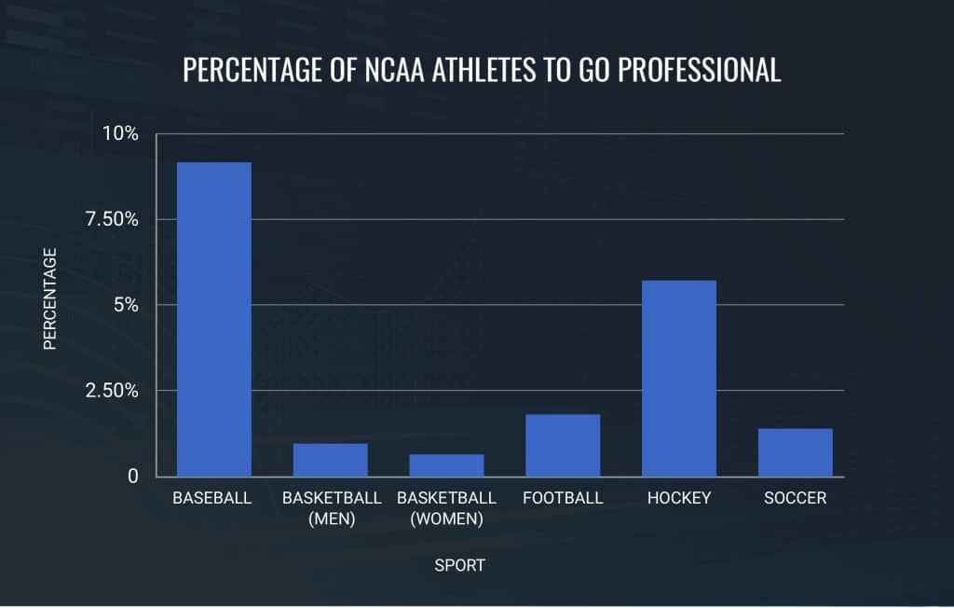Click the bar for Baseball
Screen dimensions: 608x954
pyautogui.click(x=213, y=319)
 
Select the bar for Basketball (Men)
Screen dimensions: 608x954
pyautogui.click(x=330, y=460)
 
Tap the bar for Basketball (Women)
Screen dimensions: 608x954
pyautogui.click(x=446, y=465)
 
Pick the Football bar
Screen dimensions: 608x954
pyautogui.click(x=562, y=445)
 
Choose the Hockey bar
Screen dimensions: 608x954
pyautogui.click(x=678, y=378)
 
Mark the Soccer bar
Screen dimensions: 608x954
pyautogui.click(x=795, y=452)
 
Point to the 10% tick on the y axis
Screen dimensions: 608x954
pyautogui.click(x=119, y=133)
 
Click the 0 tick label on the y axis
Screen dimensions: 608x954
pyautogui.click(x=133, y=477)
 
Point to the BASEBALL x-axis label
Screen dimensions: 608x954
pyautogui.click(x=212, y=498)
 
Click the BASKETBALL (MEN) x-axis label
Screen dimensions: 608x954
pyautogui.click(x=332, y=508)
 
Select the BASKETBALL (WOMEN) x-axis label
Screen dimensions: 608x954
pyautogui.click(x=446, y=508)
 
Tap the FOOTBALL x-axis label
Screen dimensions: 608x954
pyautogui.click(x=563, y=498)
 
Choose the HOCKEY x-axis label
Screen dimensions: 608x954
pyautogui.click(x=679, y=498)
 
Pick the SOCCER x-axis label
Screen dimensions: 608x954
pyautogui.click(x=795, y=498)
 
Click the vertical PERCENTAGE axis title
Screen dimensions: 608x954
pyautogui.click(x=50, y=298)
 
